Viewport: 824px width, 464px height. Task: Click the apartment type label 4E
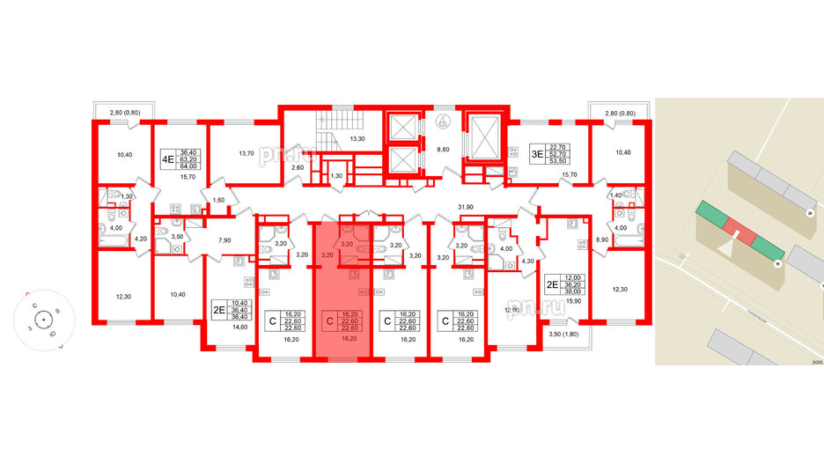pyautogui.click(x=166, y=161)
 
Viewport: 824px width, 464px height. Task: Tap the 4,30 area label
pyautogui.click(x=528, y=261)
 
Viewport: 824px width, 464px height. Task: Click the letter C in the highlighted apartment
pyautogui.click(x=329, y=320)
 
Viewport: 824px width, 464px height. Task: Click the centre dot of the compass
pyautogui.click(x=42, y=320)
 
